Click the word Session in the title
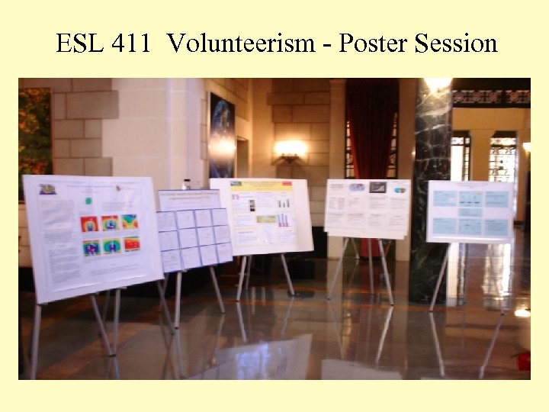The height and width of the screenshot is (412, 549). [456, 43]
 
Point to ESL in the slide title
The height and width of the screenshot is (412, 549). [79, 43]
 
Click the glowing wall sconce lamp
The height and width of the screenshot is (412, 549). [291, 148]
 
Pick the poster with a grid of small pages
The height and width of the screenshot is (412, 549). [194, 229]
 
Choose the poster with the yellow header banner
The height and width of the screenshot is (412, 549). [262, 215]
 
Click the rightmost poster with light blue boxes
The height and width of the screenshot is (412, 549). [469, 211]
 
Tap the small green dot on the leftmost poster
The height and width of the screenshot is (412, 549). [88, 201]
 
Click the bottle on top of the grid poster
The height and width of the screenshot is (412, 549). [187, 184]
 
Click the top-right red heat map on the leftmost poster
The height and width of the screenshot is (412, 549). [130, 222]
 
